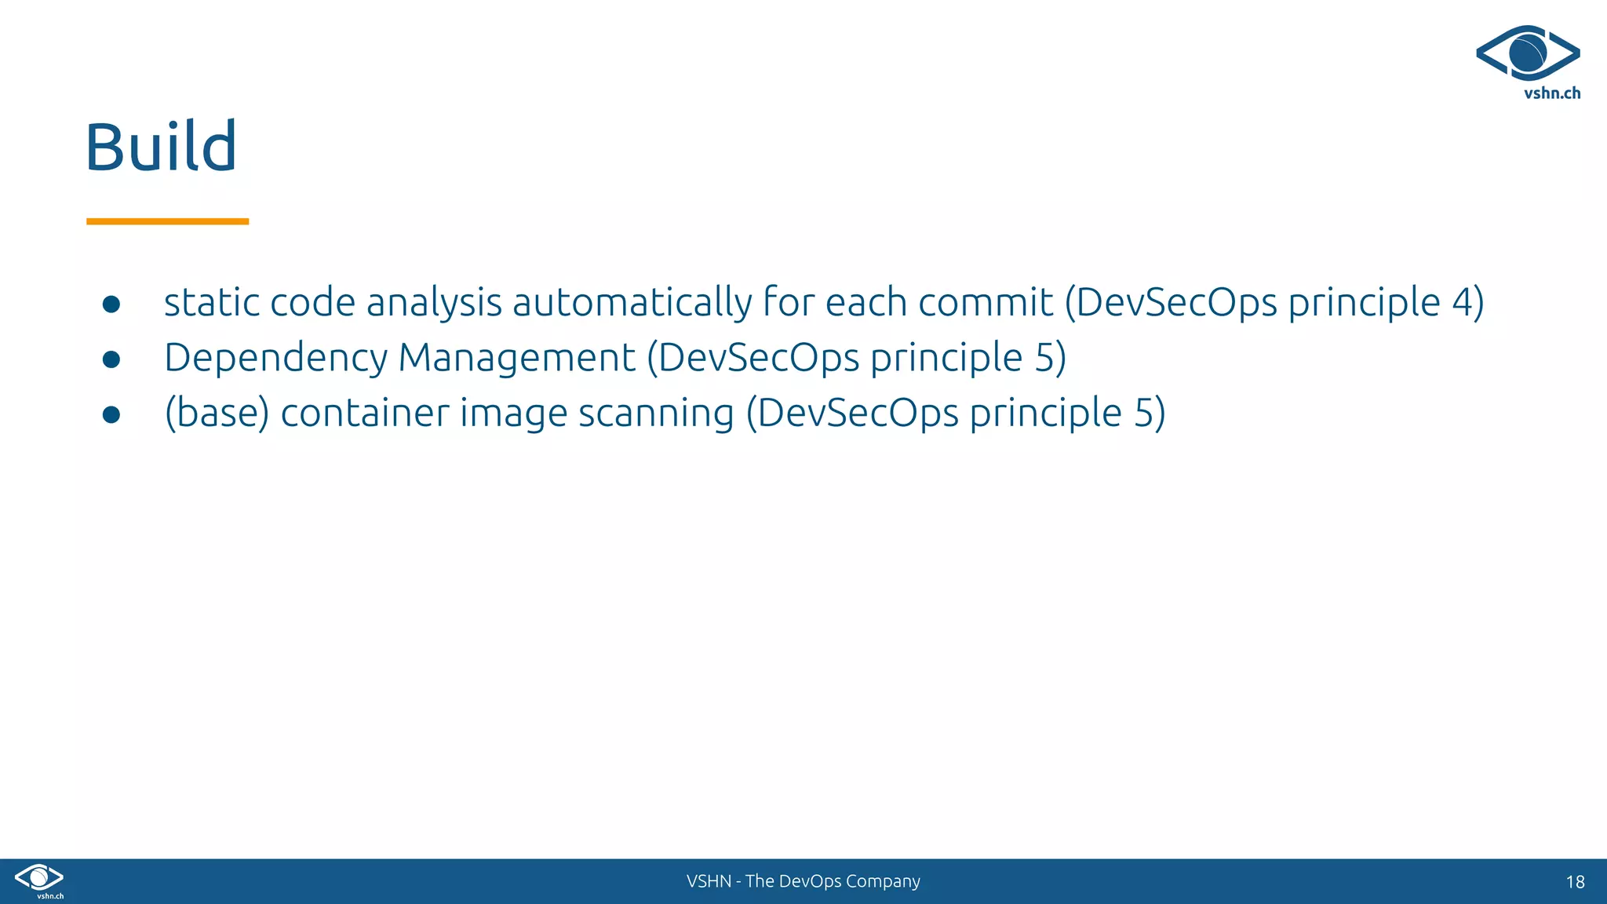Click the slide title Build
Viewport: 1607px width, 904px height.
(x=161, y=147)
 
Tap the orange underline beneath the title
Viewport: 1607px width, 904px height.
(x=167, y=221)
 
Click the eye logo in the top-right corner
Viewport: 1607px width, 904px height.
(x=1528, y=53)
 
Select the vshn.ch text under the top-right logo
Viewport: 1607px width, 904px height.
(x=1551, y=93)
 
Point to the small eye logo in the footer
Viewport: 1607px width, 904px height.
(x=39, y=877)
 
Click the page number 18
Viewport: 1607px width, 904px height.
(x=1575, y=882)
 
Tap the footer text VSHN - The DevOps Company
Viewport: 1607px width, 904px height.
(x=803, y=881)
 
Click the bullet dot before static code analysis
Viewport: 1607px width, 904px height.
(x=111, y=304)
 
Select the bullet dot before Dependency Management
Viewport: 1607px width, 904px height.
(x=111, y=359)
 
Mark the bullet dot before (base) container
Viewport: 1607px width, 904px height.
(x=111, y=414)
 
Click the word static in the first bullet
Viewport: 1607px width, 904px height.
(x=212, y=303)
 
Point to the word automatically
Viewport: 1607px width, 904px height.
(x=632, y=303)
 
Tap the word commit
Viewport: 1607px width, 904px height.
(x=986, y=303)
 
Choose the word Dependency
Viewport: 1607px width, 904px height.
(x=275, y=359)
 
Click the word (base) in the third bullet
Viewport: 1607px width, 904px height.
(x=217, y=414)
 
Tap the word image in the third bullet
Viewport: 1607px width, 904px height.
(x=513, y=414)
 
